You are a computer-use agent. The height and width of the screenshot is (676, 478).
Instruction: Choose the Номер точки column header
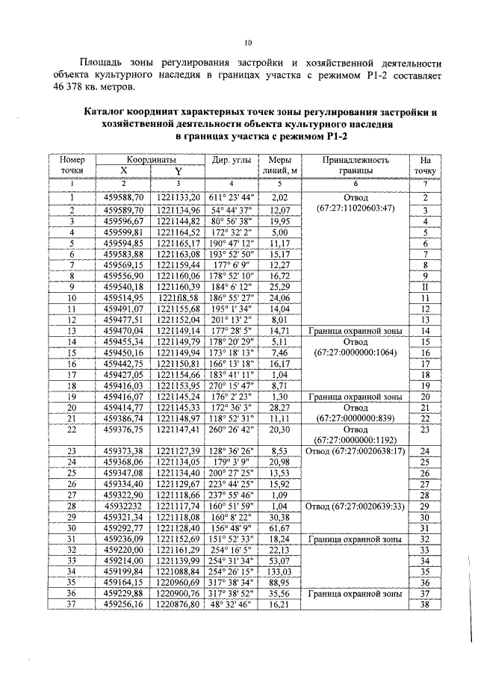72,164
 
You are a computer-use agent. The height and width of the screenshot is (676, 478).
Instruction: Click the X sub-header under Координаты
124,171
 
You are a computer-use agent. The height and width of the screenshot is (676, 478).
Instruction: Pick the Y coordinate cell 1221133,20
179,197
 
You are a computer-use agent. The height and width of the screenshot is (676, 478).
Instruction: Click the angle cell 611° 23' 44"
232,197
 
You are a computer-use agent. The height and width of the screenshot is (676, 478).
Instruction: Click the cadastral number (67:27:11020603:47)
356,207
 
